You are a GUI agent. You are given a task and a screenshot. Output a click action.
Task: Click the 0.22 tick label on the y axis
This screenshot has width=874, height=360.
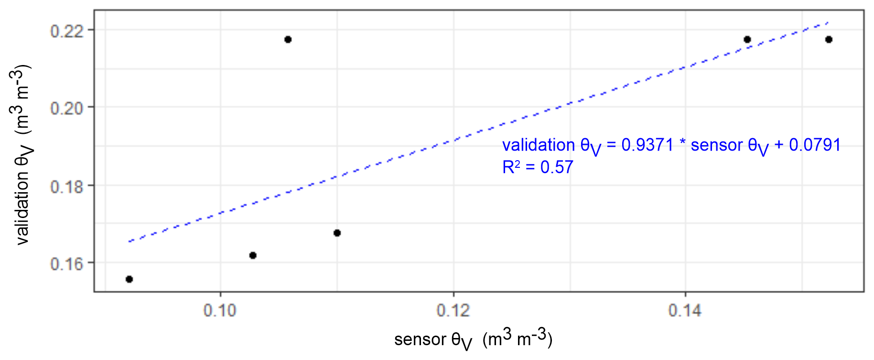point(66,31)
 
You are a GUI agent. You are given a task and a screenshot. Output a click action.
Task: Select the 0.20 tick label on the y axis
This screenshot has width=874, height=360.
point(66,108)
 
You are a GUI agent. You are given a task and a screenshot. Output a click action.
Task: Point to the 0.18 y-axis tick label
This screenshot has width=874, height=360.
point(66,186)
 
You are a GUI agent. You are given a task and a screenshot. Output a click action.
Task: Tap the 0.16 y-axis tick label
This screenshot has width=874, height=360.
point(66,263)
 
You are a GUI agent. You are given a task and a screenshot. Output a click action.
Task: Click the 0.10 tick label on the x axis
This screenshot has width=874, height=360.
point(220,311)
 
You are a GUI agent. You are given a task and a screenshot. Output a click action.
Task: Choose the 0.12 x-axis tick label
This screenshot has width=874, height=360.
point(453,311)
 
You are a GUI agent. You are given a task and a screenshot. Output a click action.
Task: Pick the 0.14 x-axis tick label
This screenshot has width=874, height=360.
point(685,311)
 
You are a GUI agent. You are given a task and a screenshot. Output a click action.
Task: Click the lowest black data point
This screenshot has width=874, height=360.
point(129,279)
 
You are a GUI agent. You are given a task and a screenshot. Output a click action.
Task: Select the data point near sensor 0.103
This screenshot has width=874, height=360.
point(253,255)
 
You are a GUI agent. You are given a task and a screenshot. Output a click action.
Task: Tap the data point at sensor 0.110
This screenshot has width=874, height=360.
point(337,233)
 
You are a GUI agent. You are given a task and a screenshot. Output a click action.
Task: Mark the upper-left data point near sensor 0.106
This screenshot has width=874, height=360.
point(288,39)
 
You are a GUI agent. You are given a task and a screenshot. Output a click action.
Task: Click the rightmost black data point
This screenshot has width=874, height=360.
point(829,39)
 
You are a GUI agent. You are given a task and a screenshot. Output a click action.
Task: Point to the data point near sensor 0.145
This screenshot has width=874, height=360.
point(747,39)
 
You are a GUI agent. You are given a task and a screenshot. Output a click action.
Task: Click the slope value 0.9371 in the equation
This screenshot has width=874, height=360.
point(647,144)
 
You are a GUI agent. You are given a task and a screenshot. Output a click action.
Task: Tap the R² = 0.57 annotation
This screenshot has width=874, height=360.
point(538,167)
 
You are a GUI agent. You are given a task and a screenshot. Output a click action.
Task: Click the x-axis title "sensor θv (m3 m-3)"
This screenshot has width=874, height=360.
point(473,339)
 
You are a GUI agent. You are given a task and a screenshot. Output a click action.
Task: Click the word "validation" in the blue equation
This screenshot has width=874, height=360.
point(539,144)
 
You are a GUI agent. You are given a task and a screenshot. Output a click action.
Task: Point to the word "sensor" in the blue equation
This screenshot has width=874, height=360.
point(717,144)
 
